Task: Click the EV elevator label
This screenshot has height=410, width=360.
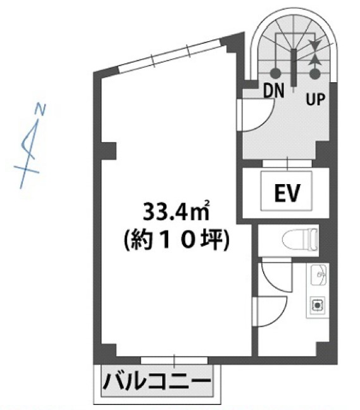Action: [x=287, y=193]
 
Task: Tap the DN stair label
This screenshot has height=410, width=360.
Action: [x=273, y=90]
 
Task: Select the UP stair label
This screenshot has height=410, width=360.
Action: [x=316, y=99]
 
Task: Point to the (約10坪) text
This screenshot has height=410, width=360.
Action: [x=177, y=240]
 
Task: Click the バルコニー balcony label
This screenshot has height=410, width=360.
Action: [x=157, y=382]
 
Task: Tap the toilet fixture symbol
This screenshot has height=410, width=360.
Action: [x=300, y=240]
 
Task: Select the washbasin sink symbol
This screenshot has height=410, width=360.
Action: [x=318, y=275]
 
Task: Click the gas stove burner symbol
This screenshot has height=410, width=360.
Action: [x=318, y=305]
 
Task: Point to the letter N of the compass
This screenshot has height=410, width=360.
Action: [x=40, y=109]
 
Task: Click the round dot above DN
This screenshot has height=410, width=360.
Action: [x=275, y=73]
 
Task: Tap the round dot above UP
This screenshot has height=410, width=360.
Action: [x=315, y=74]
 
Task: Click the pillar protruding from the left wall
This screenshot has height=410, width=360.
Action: [x=108, y=151]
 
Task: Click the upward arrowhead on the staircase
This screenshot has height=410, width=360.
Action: [x=314, y=59]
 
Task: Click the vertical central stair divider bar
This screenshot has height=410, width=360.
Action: [x=294, y=67]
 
